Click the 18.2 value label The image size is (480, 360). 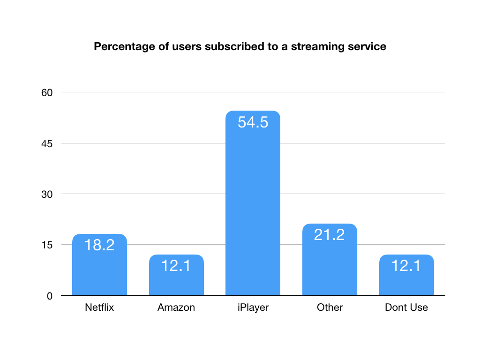point(99,245)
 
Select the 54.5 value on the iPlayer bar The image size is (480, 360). point(253,122)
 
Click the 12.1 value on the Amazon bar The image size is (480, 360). point(176,266)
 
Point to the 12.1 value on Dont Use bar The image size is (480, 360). point(406,266)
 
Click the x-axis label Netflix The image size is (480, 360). point(99,307)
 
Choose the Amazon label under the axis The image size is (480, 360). point(176,307)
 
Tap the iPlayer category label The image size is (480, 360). point(253,307)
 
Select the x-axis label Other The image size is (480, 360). point(330,307)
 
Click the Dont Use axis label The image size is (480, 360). point(406,307)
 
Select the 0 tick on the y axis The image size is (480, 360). point(49,295)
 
